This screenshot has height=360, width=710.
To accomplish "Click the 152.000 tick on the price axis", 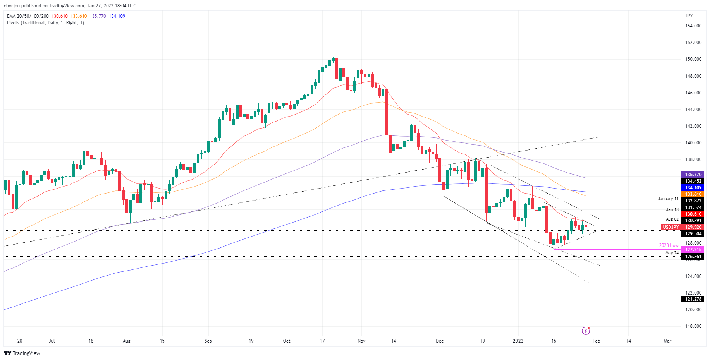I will point(693,43).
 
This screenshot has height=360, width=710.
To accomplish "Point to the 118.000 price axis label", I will point(693,326).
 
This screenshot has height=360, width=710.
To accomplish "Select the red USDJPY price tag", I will point(670,227).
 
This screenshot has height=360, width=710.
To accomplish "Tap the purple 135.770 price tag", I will point(693,175).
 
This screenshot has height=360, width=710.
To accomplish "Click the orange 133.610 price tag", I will point(693,194).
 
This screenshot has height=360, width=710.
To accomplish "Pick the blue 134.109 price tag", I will point(693,188).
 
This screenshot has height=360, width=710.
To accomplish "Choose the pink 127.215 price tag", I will point(693,250).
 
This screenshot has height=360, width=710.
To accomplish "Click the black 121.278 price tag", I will point(693,299).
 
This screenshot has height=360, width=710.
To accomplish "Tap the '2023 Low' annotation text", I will point(669,245).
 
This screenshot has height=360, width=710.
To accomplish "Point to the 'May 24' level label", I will point(672,253).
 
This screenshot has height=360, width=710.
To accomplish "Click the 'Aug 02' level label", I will point(672,219).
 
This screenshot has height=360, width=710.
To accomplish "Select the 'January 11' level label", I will point(668,199).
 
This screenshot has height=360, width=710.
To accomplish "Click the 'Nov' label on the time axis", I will point(361,341).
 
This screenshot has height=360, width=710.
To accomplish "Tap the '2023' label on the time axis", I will point(518,341).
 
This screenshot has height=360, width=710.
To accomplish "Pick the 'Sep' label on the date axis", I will point(208,341).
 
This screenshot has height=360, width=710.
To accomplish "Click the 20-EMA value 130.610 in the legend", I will point(60,16).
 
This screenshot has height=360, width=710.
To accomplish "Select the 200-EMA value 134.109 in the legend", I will point(117,16).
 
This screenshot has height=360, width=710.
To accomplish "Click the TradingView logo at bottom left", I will point(22,353).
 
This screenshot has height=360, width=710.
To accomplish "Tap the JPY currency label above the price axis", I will point(689,16).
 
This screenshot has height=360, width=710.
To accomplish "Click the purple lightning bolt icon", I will point(586,331).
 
